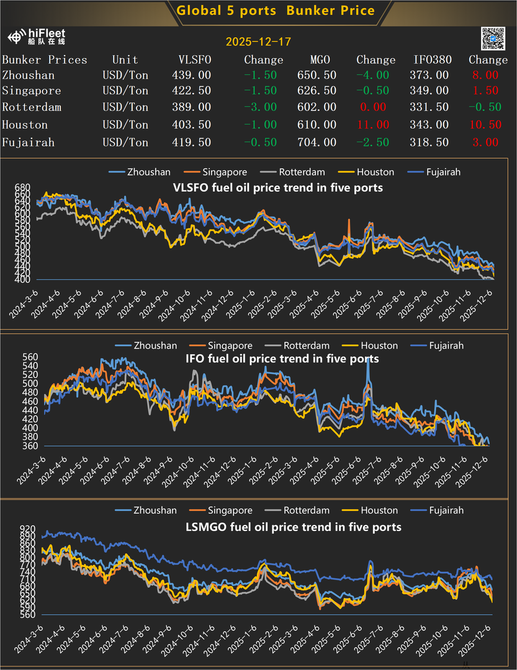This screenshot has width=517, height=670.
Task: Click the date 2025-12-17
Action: [258, 42]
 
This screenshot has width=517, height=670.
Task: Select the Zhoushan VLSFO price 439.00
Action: [191, 75]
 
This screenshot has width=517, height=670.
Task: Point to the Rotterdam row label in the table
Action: [32, 107]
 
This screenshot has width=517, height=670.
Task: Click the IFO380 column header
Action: [433, 60]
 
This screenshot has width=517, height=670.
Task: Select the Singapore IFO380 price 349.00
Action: [431, 91]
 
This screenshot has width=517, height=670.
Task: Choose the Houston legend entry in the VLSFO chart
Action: [375, 172]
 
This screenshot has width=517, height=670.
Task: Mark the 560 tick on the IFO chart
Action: [22, 357]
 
